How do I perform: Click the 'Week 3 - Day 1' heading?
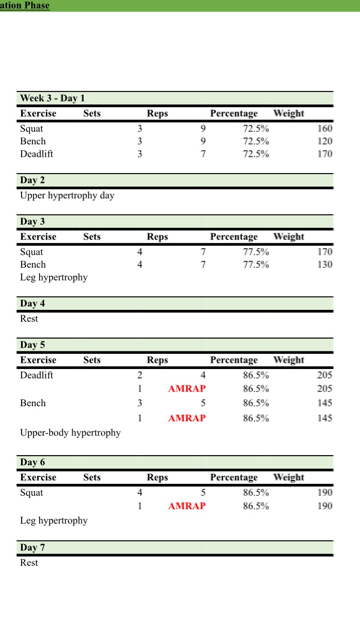tap(52, 98)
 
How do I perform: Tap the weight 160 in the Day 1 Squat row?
tap(324, 128)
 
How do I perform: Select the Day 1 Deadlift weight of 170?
tap(324, 154)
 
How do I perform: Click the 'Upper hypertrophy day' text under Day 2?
tap(67, 195)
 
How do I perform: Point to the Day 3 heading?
tap(32, 221)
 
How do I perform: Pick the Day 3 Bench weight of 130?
tap(324, 264)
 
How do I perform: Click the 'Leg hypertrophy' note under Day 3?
tap(53, 277)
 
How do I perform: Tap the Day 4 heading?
tap(32, 303)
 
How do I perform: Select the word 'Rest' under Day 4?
tap(29, 319)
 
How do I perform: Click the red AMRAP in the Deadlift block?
tap(186, 389)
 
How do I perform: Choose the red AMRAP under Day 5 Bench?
tap(186, 418)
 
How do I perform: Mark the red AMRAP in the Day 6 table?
tap(186, 506)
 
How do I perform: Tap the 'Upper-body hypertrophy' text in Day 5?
tap(70, 433)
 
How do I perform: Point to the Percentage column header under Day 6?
tap(233, 477)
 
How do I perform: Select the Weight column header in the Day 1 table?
tap(289, 113)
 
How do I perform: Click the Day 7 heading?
tap(32, 547)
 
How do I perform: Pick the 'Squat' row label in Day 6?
tap(31, 492)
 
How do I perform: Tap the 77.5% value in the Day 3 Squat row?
tap(255, 251)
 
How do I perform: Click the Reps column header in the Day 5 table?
tap(157, 359)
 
